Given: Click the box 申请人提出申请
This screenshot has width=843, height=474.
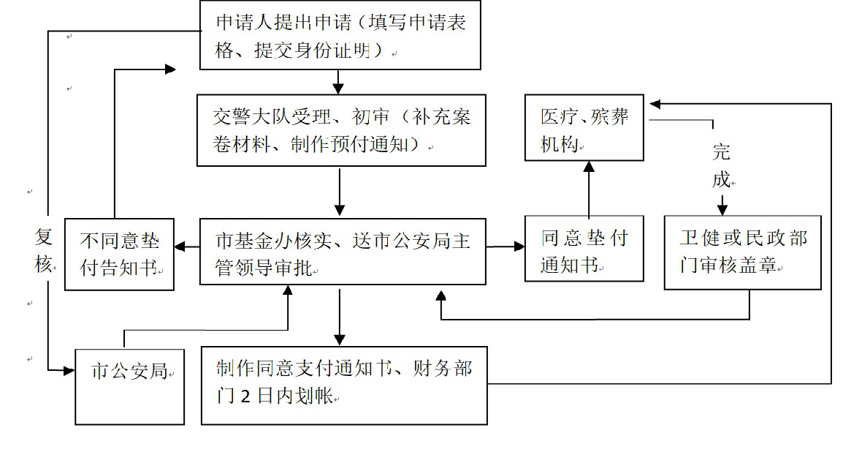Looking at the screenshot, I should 340,35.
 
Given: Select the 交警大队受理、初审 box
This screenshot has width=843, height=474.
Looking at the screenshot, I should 341,129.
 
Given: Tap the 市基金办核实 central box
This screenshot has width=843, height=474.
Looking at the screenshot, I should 343,251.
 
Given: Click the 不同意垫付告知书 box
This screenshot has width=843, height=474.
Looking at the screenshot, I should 119,254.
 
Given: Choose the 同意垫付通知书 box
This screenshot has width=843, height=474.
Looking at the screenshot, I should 584,249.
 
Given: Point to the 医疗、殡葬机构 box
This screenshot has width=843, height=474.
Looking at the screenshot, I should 584,127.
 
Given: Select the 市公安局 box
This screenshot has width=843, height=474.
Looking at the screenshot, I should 129,387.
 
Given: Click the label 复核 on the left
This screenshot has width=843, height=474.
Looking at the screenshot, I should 44,250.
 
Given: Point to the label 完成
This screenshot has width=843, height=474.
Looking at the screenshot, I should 721,165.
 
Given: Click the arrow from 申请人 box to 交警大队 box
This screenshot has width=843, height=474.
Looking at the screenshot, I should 337,81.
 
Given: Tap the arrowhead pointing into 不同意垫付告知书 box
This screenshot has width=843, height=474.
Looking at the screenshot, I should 180,248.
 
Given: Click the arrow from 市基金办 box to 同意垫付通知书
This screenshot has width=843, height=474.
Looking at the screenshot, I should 505,247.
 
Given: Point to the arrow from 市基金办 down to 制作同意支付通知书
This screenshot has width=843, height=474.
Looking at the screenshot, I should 339,316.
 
